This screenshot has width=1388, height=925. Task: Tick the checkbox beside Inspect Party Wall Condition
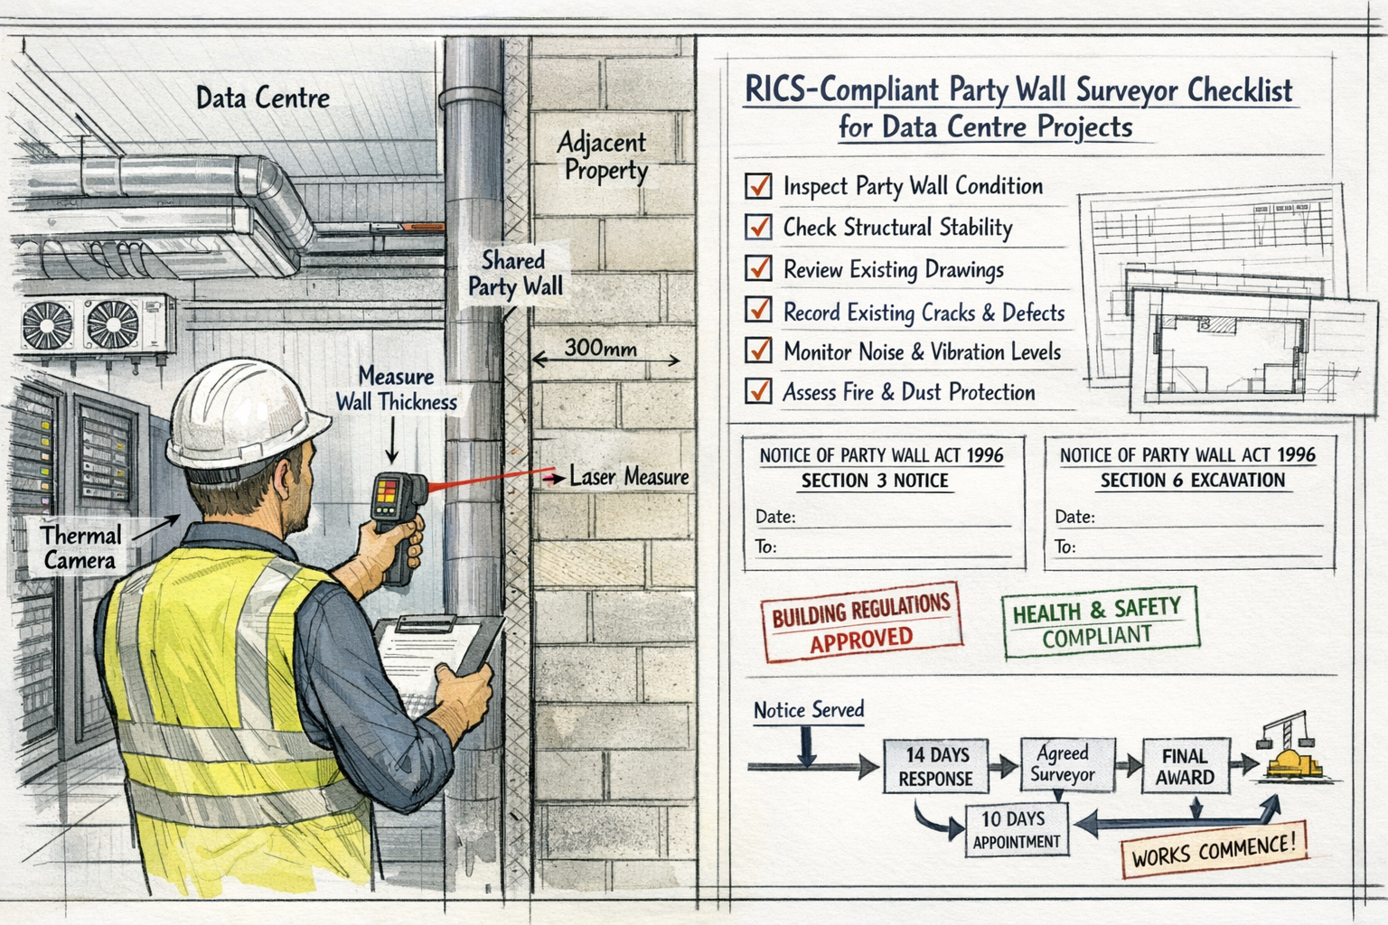coord(758,186)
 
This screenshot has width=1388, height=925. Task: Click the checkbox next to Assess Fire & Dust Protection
coord(758,391)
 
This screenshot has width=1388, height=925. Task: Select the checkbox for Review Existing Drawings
coord(758,268)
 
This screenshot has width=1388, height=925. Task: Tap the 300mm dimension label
coord(601,348)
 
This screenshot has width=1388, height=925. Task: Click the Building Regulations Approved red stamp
coord(860,621)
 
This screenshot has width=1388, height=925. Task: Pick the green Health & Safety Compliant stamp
coord(1097,622)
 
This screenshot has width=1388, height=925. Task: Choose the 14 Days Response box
coord(936,766)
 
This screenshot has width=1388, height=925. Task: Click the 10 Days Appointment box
coord(1016,829)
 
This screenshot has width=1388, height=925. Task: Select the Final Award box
coord(1185,766)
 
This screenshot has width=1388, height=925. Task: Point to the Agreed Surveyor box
coord(1064,764)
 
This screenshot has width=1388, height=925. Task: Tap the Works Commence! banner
coord(1213,850)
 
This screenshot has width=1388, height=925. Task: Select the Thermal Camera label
coord(80,547)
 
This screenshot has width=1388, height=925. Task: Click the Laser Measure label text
coord(629,476)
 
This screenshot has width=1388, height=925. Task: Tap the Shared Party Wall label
coord(515,274)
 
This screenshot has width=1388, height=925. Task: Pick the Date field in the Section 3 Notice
coord(881,518)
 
